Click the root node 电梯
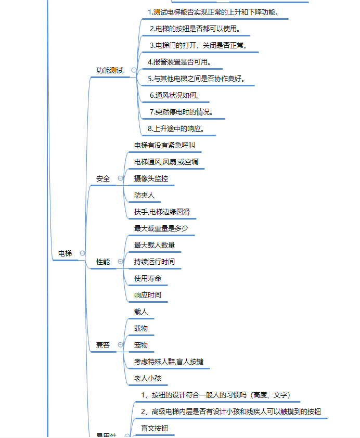[65, 253]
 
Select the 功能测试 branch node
[110, 70]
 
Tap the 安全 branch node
[103, 178]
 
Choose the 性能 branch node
[103, 262]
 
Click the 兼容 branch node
[103, 344]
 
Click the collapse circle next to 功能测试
[134, 70]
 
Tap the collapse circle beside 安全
[120, 178]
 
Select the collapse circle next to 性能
[120, 262]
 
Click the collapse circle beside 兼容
[120, 344]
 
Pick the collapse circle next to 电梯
[82, 253]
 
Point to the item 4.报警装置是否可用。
[178, 62]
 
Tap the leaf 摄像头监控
[151, 178]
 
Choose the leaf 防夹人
[144, 195]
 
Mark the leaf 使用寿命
[148, 278]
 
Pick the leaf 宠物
[141, 345]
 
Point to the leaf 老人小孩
[148, 378]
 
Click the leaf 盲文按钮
[155, 428]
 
